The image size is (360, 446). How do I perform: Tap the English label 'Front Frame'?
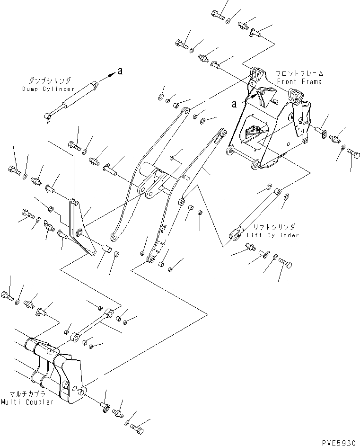[x=299, y=81]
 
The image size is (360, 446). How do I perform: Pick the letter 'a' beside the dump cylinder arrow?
[x=120, y=71]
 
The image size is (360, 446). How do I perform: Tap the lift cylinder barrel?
[x=258, y=213]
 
